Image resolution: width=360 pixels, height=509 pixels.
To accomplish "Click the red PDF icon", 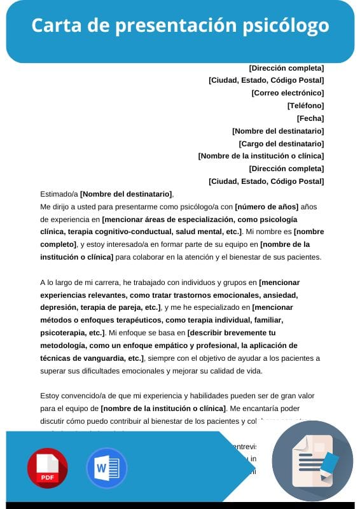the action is [47, 468].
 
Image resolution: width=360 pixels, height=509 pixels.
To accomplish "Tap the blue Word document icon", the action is [106, 468].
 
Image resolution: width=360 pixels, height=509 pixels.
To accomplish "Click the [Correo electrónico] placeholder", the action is [287, 93].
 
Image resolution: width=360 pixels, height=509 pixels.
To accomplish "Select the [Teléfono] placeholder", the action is [305, 106].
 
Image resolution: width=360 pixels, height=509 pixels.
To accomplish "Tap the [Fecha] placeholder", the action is [310, 118].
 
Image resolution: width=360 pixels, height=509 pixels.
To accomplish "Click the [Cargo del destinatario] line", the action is [281, 144].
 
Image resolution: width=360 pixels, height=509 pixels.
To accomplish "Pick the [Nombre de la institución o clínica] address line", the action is [261, 156].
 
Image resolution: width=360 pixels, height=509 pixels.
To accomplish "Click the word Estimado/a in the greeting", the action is [59, 194].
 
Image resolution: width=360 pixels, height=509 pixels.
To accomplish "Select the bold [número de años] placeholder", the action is [266, 206].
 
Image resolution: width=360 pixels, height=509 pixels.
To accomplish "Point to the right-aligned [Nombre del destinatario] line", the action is [278, 131].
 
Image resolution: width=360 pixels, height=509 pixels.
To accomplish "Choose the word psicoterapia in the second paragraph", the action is [62, 333].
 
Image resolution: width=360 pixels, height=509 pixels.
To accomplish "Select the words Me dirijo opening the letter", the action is [56, 207].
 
